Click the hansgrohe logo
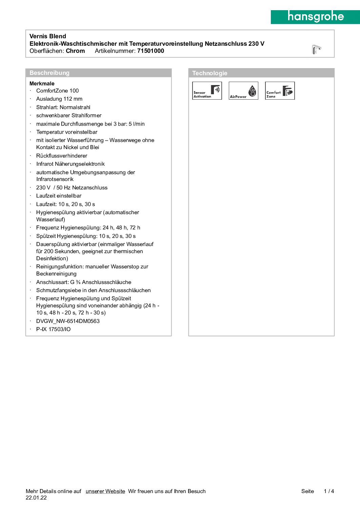pos(315,17)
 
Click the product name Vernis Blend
pos(48,36)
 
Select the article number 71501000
pos(151,51)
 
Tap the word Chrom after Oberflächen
pos(75,51)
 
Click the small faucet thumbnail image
pos(316,49)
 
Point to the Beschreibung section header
pos(49,73)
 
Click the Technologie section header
pos(209,73)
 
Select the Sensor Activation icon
pos(207,91)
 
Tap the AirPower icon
pos(243,91)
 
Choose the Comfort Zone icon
pos(280,91)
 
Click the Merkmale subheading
pos(42,83)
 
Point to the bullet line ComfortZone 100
pos(57,91)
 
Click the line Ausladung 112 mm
pos(59,99)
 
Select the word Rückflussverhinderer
pos(62,156)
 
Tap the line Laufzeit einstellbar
pos(59,196)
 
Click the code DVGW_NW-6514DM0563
pos(68,321)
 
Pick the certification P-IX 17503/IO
pos(54,329)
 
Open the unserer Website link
pos(105,491)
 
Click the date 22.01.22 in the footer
pos(36,498)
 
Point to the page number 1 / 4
pos(329,491)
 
